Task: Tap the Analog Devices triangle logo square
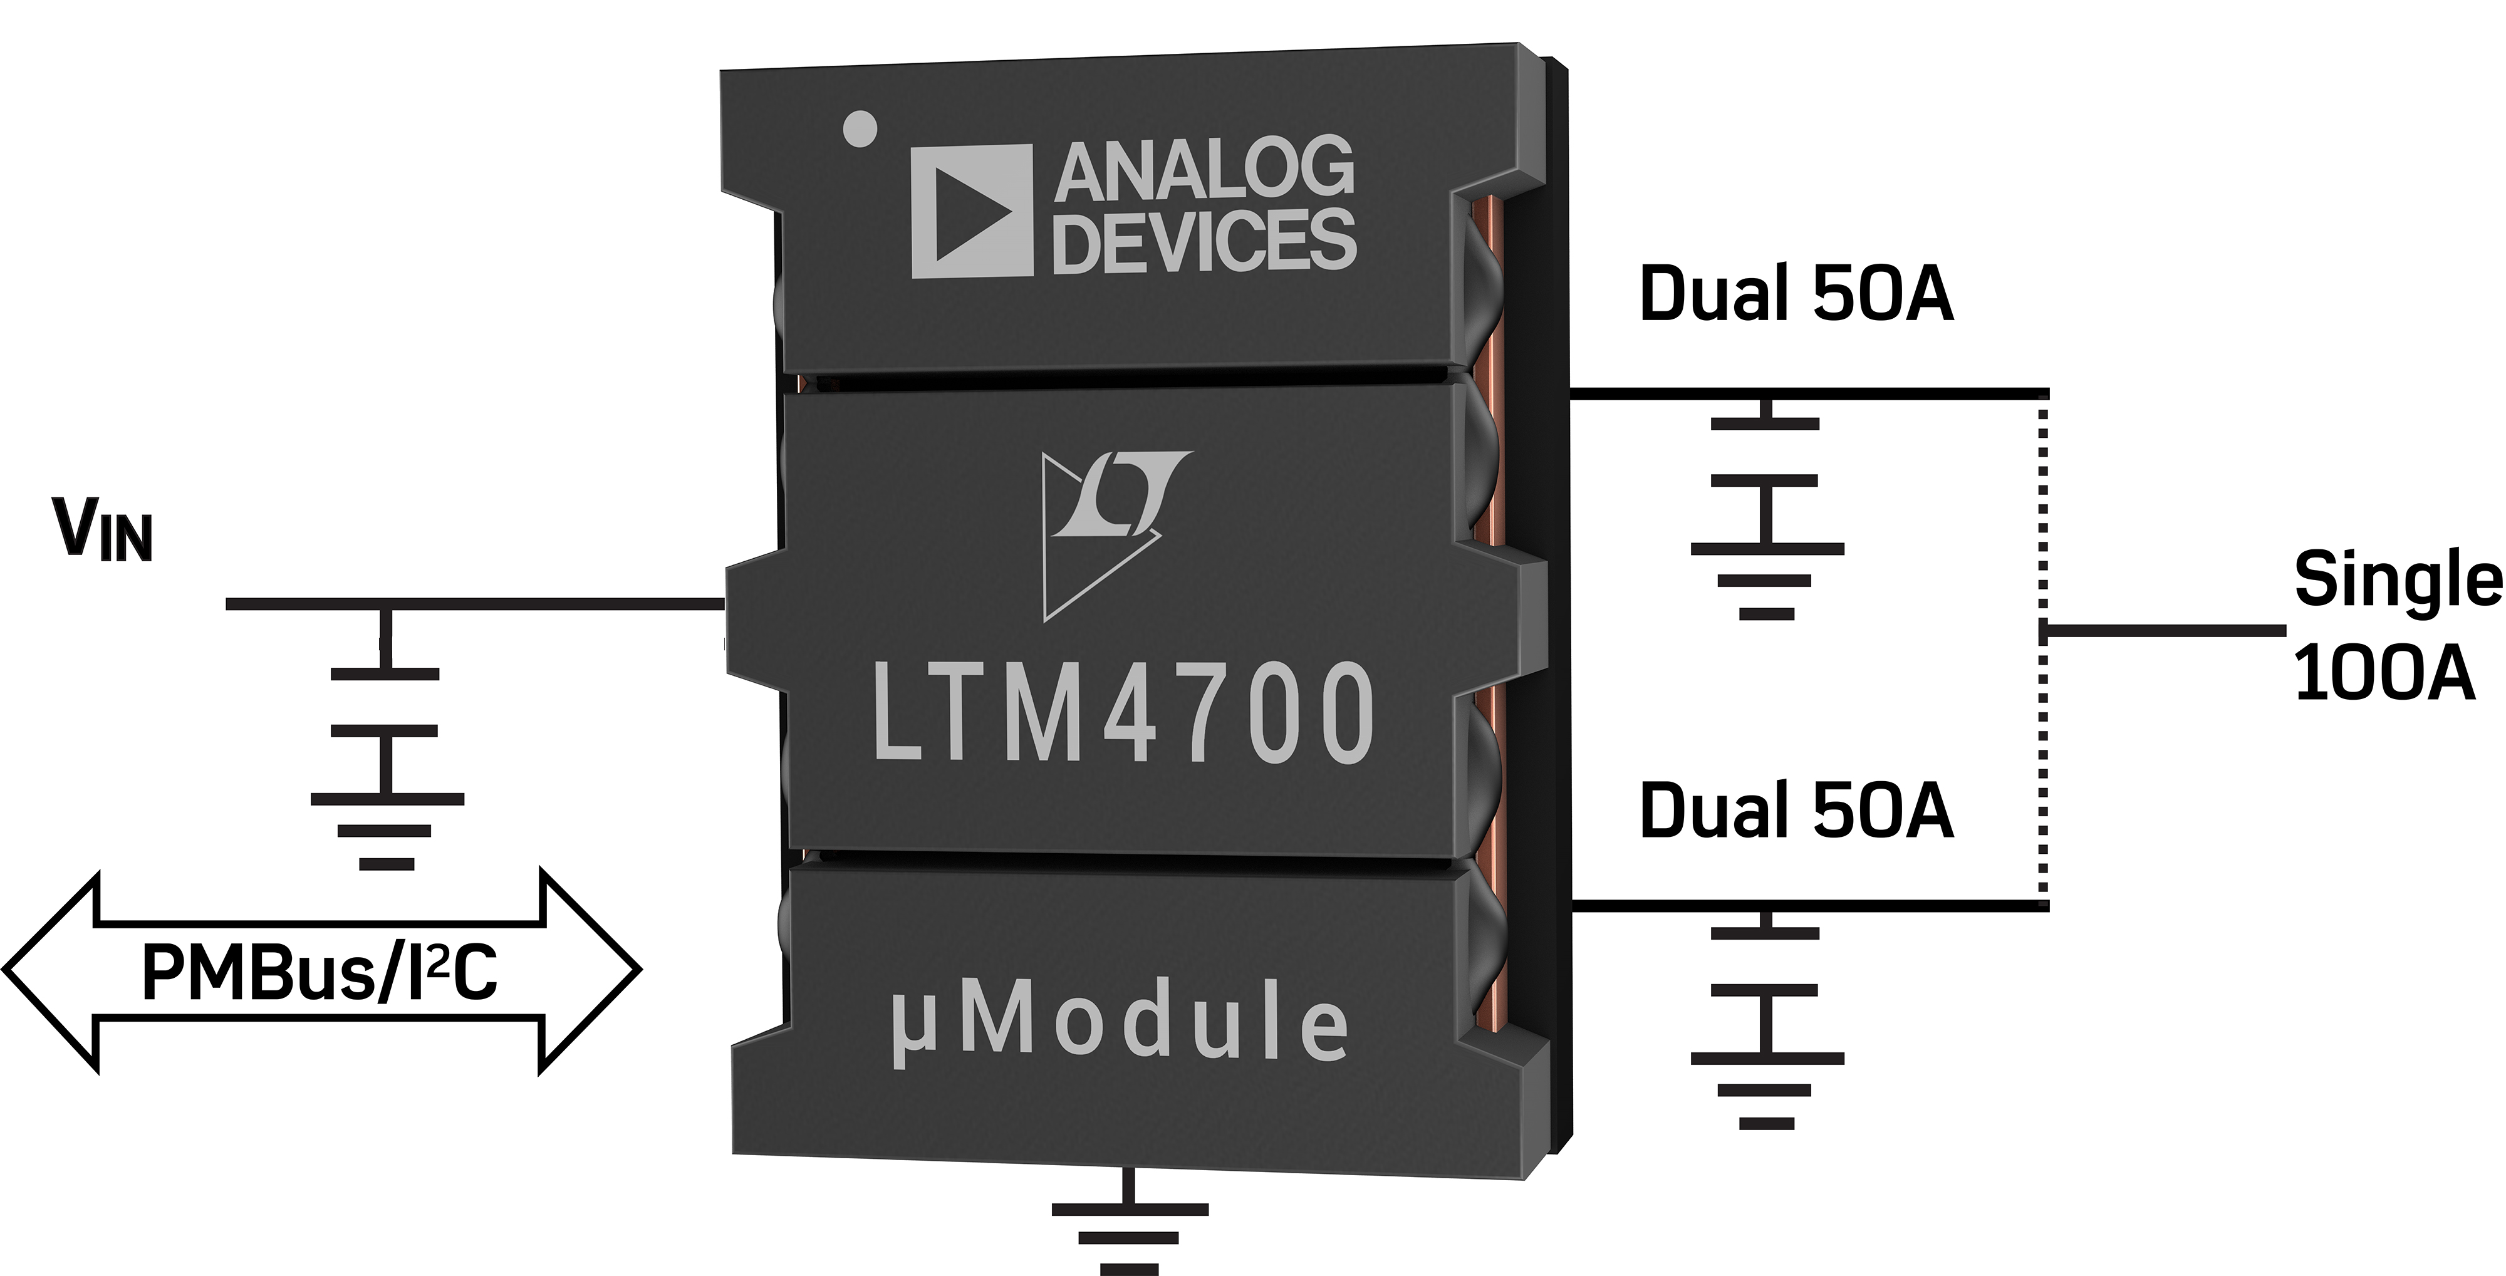click(971, 211)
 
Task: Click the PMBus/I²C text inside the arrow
click(319, 973)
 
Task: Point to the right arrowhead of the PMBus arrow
click(588, 970)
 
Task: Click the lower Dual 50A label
click(1796, 809)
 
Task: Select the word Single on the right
click(2396, 579)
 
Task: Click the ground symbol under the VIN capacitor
click(387, 831)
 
